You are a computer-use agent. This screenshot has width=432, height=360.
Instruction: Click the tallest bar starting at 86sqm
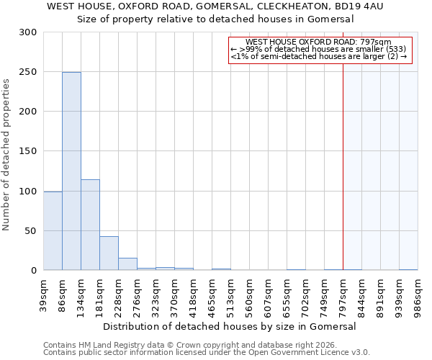pos(71,171)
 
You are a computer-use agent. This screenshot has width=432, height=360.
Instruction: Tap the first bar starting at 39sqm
pos(53,230)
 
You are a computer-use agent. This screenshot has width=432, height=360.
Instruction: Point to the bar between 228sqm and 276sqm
pos(127,264)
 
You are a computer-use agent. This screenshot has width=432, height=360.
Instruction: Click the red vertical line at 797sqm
pos(343,158)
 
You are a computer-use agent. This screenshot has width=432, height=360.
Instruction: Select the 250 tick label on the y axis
pos(28,72)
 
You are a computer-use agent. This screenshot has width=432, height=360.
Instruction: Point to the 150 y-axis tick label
pos(28,151)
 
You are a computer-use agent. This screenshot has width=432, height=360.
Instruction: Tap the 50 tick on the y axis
pos(31,231)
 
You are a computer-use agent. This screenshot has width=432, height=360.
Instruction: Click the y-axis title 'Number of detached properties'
pos(6,155)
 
